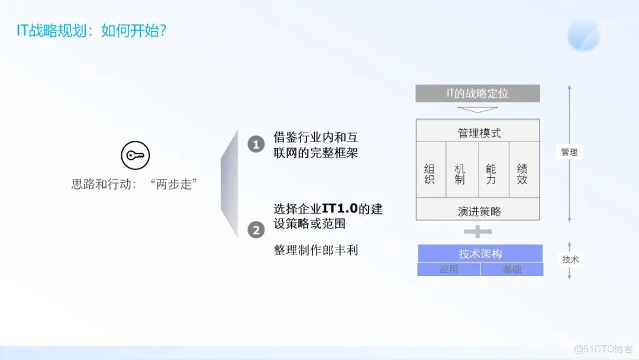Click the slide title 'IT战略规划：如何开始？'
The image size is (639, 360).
(x=91, y=31)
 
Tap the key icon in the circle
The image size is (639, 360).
(x=135, y=156)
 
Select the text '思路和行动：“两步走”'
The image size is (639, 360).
(x=134, y=184)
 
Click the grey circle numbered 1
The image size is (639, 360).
(x=256, y=144)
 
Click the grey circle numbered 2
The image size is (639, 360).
(x=256, y=230)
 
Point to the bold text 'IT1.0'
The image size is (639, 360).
(x=340, y=209)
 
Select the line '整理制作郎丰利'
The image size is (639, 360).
(x=315, y=250)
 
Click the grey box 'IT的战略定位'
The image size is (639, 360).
(x=477, y=94)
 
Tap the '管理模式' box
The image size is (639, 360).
(x=477, y=133)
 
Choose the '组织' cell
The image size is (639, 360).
(x=430, y=174)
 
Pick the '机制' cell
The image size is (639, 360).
(x=460, y=174)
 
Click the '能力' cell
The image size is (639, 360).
(x=491, y=174)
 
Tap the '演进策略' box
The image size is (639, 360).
(x=477, y=211)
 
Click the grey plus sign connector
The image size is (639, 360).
(x=477, y=232)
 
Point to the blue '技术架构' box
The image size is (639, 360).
(x=480, y=253)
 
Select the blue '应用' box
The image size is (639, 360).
(x=448, y=269)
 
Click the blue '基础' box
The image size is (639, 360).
(x=512, y=269)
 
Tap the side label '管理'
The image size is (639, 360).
(x=569, y=152)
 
